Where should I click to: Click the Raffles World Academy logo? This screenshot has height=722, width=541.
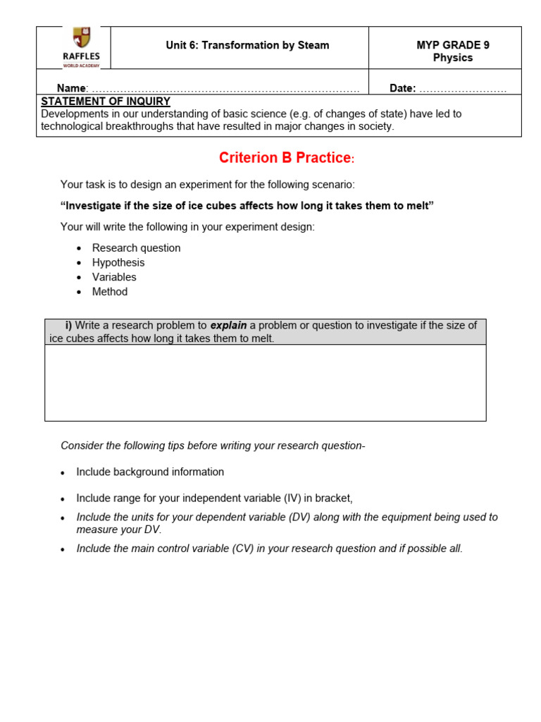pyautogui.click(x=82, y=47)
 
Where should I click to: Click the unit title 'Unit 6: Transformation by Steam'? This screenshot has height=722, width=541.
pyautogui.click(x=247, y=45)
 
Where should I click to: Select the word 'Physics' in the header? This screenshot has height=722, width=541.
pyautogui.click(x=453, y=58)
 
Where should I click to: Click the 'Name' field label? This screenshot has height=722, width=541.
pyautogui.click(x=71, y=88)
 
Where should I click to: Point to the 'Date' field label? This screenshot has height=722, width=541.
pyautogui.click(x=402, y=88)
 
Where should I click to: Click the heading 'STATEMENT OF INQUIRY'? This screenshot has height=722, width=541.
pyautogui.click(x=106, y=102)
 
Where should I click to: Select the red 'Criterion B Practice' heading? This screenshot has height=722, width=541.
pyautogui.click(x=285, y=158)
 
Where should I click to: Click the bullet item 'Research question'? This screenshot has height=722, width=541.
pyautogui.click(x=136, y=248)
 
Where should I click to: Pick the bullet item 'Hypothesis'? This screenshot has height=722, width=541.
pyautogui.click(x=118, y=262)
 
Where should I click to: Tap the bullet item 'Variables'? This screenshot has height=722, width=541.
pyautogui.click(x=114, y=277)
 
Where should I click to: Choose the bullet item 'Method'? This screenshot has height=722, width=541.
pyautogui.click(x=110, y=292)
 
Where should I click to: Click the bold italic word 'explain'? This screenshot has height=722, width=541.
pyautogui.click(x=228, y=326)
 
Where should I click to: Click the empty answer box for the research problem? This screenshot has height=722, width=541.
pyautogui.click(x=265, y=382)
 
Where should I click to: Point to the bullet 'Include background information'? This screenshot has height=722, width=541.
pyautogui.click(x=150, y=472)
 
